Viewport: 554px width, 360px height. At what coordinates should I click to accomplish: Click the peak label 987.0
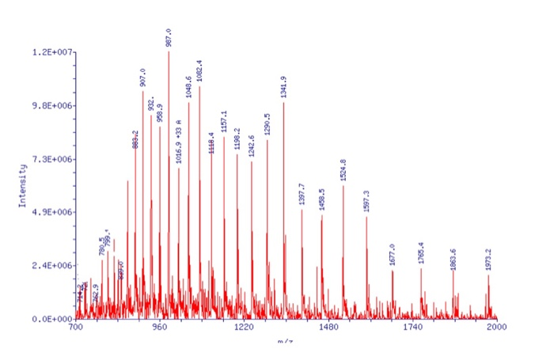(169, 36)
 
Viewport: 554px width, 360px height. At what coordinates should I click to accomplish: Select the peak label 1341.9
(283, 86)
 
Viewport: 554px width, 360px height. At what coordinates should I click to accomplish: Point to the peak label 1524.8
(343, 171)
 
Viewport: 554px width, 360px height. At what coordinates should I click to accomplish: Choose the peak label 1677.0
(393, 256)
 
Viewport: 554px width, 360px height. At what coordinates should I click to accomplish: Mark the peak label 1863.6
(453, 259)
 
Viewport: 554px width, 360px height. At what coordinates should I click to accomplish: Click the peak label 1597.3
(366, 201)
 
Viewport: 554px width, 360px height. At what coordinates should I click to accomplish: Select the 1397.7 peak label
(302, 195)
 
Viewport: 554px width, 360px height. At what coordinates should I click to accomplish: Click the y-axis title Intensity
(24, 183)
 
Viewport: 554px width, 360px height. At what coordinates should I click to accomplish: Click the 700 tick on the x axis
(76, 327)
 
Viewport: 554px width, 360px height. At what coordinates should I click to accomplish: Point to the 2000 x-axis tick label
(497, 327)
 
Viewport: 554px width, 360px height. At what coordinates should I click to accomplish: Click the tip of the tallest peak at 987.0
(169, 52)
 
